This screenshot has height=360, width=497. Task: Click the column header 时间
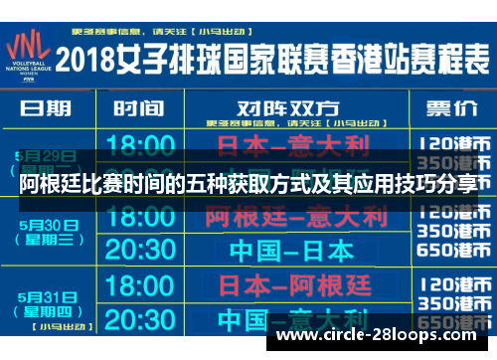pos(138,108)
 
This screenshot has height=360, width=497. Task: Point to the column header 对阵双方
pos(288,106)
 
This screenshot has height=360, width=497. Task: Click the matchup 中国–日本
pos(289,249)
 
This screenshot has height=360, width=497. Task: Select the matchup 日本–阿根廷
pos(289,286)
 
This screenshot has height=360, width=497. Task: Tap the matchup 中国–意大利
pos(289,320)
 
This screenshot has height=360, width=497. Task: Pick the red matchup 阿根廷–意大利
pos(289,215)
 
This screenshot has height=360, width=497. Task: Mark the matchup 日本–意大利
pos(289,147)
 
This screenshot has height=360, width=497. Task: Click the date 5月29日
pos(45,155)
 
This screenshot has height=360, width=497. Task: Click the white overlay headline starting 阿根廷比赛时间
pos(248,183)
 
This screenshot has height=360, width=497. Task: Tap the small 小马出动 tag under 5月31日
pos(49,324)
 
